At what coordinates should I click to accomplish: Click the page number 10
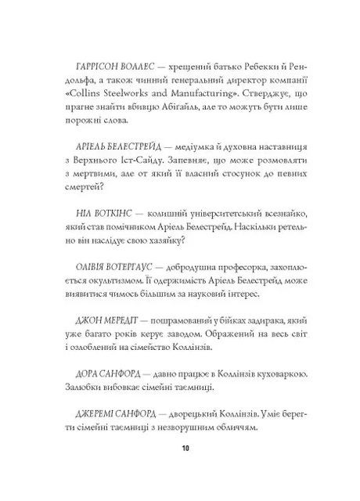point(185,470)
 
